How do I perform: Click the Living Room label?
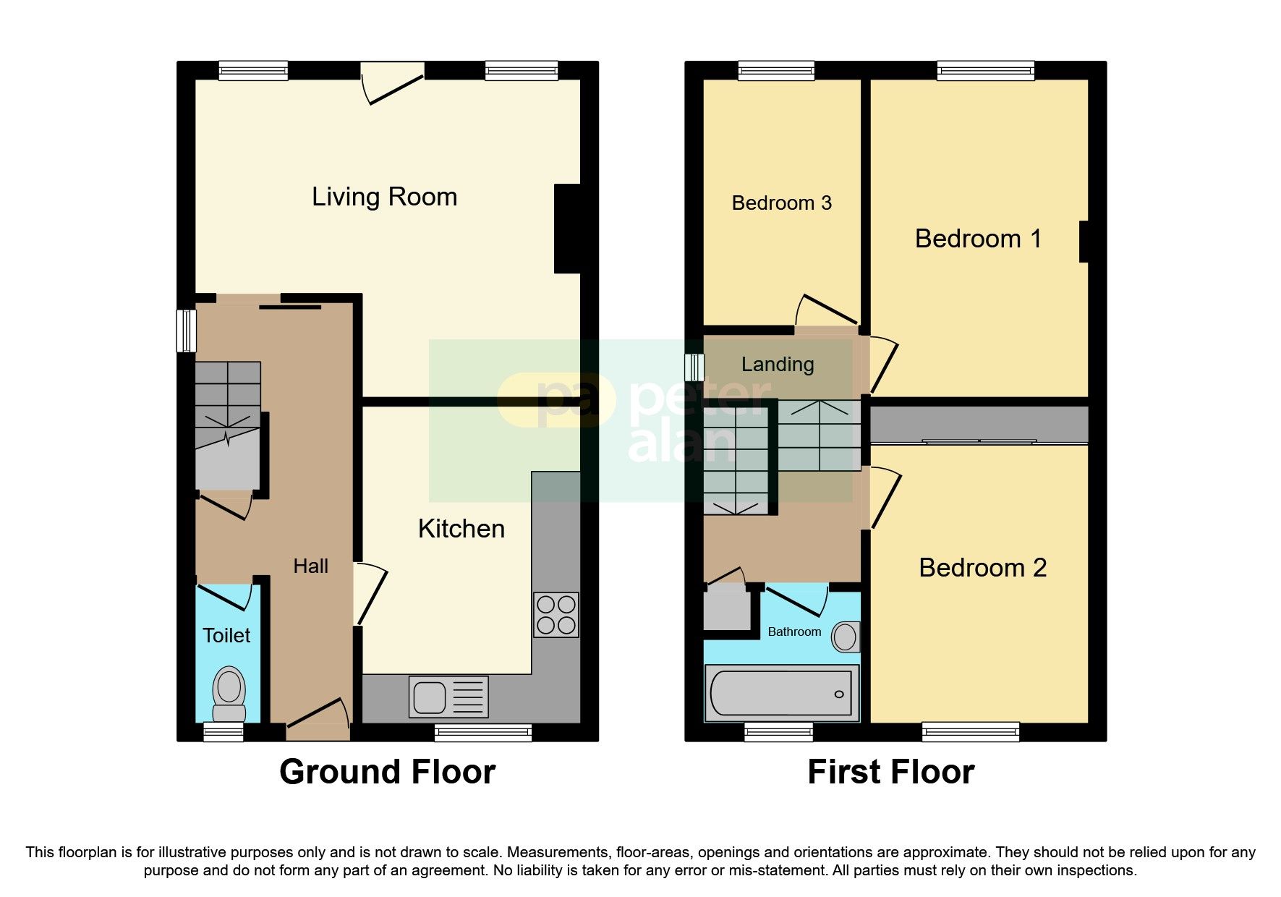(384, 197)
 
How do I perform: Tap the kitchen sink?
(448, 697)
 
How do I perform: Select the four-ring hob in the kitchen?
(556, 615)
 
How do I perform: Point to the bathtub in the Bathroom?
(782, 693)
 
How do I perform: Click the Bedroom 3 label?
(782, 203)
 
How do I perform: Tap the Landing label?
(778, 365)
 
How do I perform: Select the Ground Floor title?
(388, 772)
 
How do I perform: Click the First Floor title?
(891, 772)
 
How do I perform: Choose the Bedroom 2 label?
(983, 568)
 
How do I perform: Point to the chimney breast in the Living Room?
(567, 229)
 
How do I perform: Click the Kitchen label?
(461, 529)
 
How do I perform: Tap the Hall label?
(311, 566)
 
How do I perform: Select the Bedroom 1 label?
(979, 239)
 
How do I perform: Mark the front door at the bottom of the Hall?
(318, 719)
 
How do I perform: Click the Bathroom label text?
(794, 632)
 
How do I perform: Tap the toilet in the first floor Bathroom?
(845, 637)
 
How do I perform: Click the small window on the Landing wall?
(694, 367)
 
